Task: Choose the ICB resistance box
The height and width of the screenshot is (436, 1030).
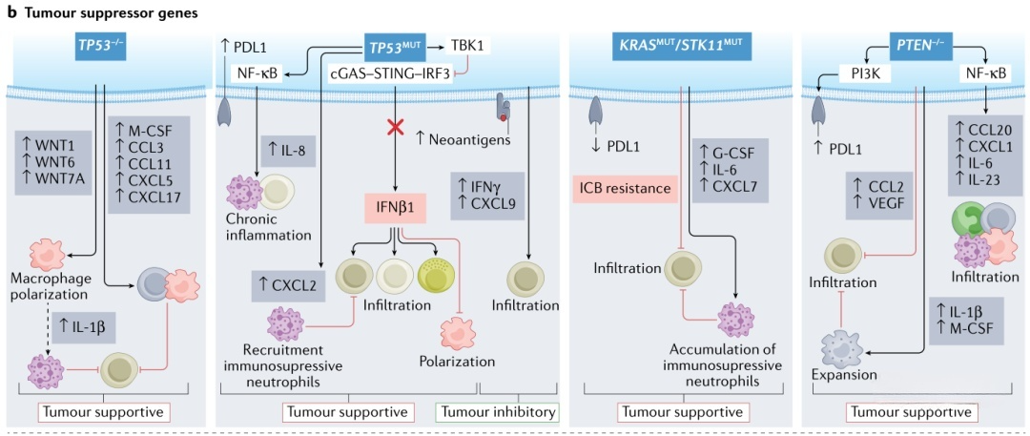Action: tap(625, 189)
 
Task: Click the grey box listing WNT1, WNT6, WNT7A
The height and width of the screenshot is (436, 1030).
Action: tap(55, 156)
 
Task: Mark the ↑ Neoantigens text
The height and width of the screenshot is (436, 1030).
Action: tap(464, 139)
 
